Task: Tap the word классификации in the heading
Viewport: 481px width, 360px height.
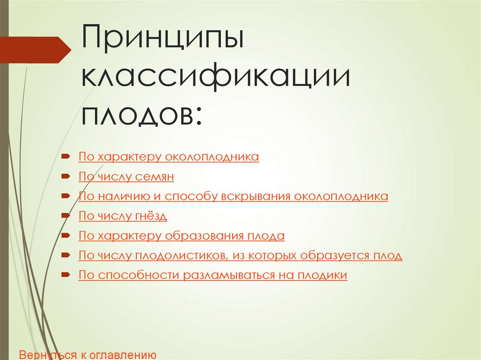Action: [x=216, y=78]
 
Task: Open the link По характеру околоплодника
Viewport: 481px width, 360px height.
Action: [x=169, y=157]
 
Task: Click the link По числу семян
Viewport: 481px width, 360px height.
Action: [x=126, y=177]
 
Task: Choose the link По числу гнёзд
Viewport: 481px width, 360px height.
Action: [x=123, y=216]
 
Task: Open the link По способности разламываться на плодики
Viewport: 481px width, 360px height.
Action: [x=213, y=275]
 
